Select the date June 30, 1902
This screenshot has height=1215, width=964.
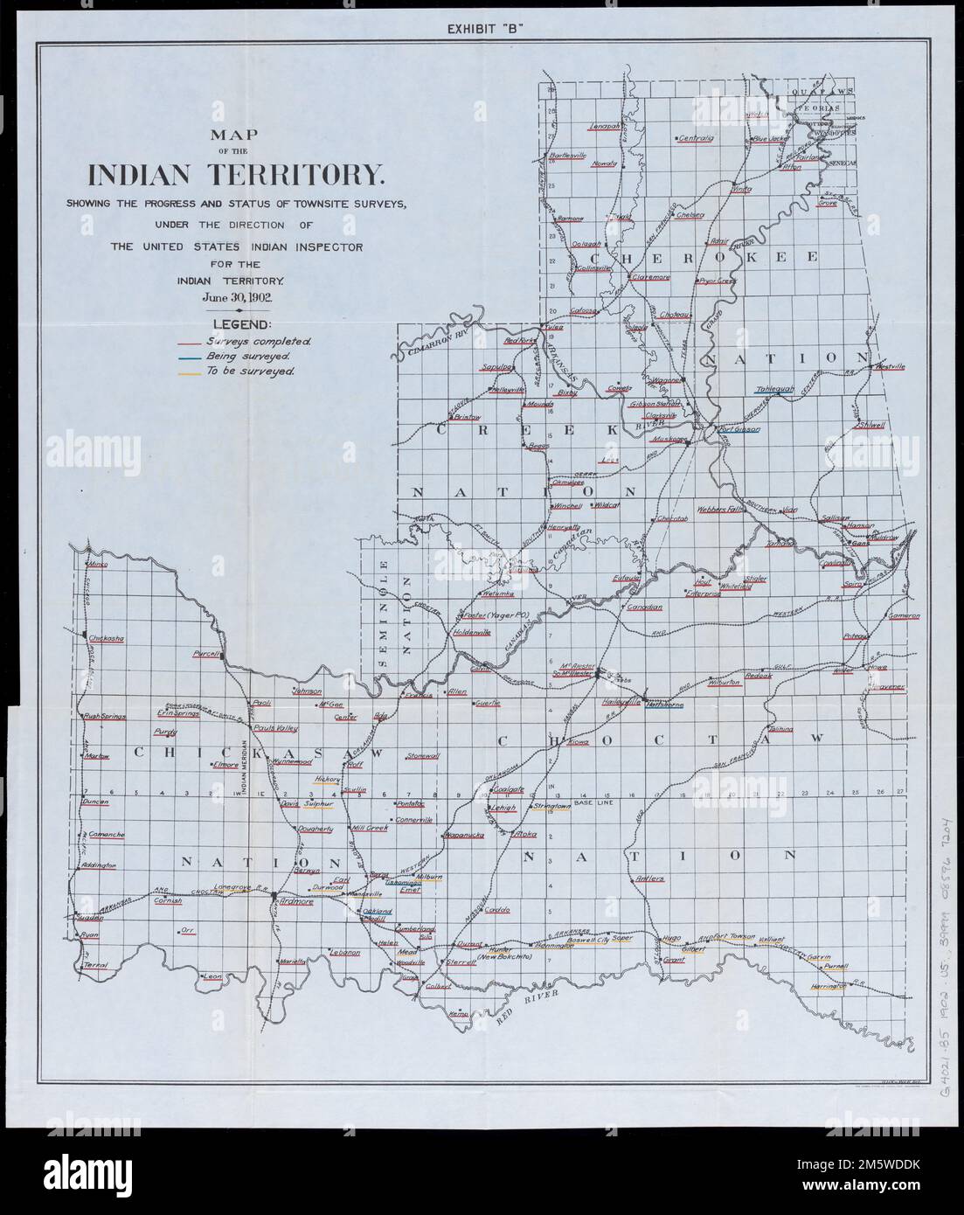point(237,297)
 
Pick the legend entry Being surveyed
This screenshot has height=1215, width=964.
point(248,357)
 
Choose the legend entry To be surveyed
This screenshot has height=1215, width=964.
point(249,371)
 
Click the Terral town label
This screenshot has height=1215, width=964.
point(94,963)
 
